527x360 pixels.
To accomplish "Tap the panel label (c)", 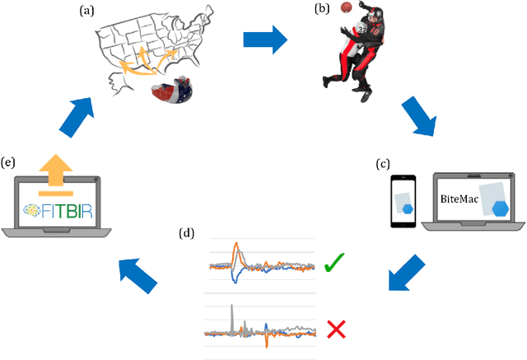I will click(383, 164).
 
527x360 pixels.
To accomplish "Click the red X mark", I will click(336, 330).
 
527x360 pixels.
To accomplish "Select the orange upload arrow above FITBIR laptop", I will click(55, 171).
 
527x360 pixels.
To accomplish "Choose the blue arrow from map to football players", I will click(265, 37).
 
